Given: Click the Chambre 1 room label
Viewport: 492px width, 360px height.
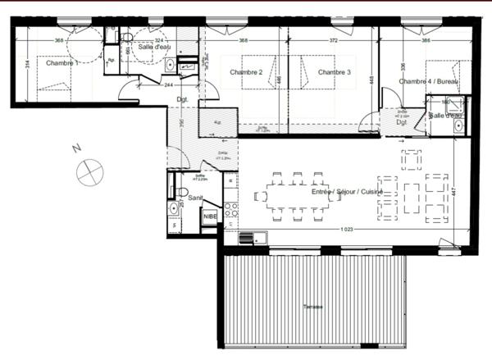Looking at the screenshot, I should pyautogui.click(x=61, y=63).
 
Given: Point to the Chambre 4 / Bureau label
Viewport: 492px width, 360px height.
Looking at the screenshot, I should pyautogui.click(x=425, y=81).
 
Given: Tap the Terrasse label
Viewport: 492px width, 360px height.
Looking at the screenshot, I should pyautogui.click(x=312, y=307).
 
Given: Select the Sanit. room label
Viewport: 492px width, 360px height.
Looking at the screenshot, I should pyautogui.click(x=196, y=198).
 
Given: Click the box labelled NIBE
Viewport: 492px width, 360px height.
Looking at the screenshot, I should pyautogui.click(x=211, y=216).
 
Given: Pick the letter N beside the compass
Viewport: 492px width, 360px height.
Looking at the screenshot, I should pyautogui.click(x=75, y=148).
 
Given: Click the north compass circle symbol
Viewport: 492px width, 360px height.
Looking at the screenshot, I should pyautogui.click(x=89, y=173).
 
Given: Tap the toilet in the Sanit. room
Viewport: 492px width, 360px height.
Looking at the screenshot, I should pyautogui.click(x=182, y=192).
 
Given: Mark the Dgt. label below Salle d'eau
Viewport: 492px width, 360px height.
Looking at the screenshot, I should pyautogui.click(x=182, y=99).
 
